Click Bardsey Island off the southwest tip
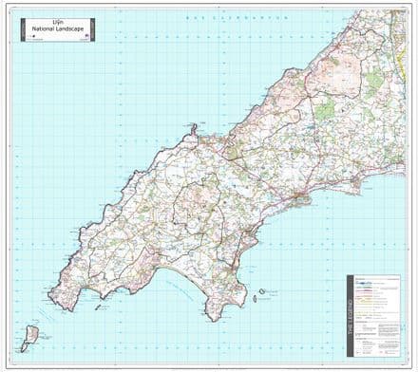pos(30,334)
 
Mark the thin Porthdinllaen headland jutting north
pos(193,127)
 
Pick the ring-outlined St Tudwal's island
pos(261,292)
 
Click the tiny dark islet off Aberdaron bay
pos(95,307)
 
